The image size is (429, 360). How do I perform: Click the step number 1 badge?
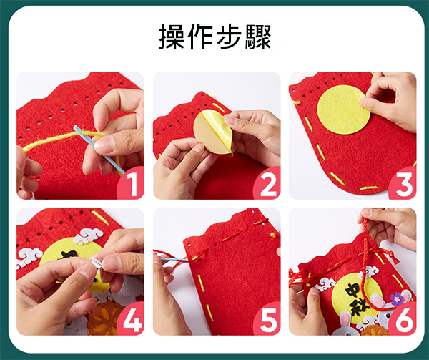(131, 183)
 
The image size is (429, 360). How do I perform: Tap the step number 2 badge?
(267, 183)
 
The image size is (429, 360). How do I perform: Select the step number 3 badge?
(403, 183)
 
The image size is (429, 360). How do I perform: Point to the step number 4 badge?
(131, 318)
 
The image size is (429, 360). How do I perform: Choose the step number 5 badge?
(267, 318)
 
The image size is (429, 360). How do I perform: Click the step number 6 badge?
(403, 318)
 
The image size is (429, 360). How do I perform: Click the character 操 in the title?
(172, 37)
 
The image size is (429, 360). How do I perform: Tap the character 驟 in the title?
(258, 37)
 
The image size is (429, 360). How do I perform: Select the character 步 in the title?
(230, 37)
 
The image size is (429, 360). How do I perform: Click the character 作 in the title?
(200, 37)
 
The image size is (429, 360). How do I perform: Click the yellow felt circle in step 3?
(343, 110)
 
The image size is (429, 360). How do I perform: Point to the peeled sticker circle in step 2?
(213, 132)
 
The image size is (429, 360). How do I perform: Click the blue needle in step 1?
(99, 150)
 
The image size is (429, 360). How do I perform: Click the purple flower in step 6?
(395, 299)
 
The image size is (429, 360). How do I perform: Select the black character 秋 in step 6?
(360, 307)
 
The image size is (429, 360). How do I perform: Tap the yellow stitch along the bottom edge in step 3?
(369, 188)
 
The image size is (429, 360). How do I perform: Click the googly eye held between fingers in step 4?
(95, 263)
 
